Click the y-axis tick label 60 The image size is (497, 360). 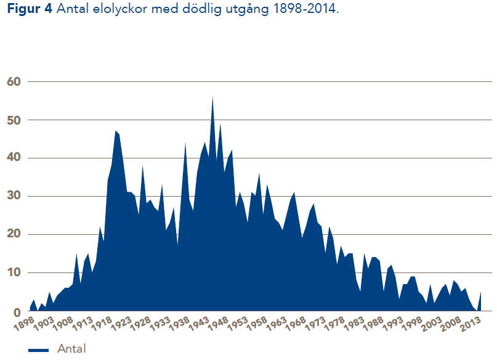coord(14,81)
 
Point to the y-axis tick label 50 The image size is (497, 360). coord(14,120)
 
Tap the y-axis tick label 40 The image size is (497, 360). coord(14,158)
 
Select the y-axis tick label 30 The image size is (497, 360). coord(14,196)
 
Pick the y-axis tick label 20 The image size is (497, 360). coord(14,234)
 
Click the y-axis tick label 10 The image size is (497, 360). coord(14,272)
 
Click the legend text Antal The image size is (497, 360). coord(71,349)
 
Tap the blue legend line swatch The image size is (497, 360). coord(38,350)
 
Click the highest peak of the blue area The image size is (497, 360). coord(212,96)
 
